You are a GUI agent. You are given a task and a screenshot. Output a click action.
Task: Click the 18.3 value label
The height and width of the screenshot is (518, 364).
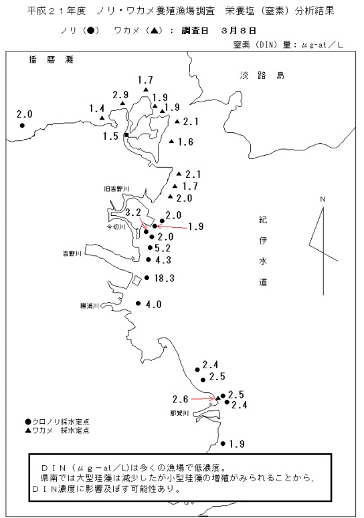[164, 278]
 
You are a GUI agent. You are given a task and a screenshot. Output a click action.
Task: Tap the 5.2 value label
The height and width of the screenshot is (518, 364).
[163, 248]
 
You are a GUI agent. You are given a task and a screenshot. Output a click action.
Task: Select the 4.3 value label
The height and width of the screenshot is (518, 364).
[163, 260]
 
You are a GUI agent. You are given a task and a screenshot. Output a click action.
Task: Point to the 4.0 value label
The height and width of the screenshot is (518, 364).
[154, 304]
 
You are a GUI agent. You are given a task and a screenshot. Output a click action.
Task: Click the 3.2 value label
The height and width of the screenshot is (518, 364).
[133, 213]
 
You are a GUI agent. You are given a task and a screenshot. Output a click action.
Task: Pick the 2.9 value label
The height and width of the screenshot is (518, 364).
[120, 95]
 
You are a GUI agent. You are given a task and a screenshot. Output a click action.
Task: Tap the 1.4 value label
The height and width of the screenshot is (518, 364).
[97, 108]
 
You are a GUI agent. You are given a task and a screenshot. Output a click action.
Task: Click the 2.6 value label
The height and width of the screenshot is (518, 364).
[180, 400]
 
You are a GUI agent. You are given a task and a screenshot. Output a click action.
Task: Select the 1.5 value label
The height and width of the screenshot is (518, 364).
[110, 136]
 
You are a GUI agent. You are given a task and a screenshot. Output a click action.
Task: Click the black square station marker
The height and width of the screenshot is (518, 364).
[126, 135]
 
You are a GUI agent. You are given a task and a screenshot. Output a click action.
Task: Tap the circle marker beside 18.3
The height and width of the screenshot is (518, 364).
[147, 278]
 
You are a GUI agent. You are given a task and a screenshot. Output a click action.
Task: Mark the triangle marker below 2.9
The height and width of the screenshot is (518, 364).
[122, 104]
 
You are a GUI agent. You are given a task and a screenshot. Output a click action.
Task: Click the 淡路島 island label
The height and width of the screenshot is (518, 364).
[262, 76]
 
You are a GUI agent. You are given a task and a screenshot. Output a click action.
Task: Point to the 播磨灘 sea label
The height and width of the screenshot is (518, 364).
[51, 59]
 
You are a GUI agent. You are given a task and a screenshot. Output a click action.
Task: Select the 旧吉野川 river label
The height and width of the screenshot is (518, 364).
[116, 189]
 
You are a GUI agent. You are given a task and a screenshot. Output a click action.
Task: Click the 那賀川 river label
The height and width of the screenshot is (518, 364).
[179, 413]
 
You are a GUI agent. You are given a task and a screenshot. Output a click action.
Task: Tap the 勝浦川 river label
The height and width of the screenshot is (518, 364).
[90, 306]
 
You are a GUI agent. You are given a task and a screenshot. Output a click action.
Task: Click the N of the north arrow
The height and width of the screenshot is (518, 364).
[323, 199]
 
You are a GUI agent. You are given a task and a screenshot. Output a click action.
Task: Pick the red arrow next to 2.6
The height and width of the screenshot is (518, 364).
[203, 399]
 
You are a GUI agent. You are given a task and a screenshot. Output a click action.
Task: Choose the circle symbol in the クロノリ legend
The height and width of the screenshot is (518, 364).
[28, 422]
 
